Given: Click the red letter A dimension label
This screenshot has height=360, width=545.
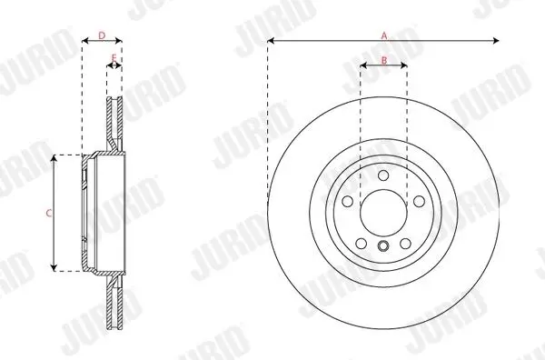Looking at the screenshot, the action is (384, 35).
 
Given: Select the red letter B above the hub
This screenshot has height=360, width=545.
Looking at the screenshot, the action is (384, 61).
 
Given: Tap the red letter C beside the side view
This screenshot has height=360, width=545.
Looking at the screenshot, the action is (49, 214).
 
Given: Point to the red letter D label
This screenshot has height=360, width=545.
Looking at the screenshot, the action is (102, 35).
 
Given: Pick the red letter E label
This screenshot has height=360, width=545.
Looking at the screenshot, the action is (114, 57).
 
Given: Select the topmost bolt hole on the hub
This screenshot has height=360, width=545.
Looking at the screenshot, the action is (383, 175).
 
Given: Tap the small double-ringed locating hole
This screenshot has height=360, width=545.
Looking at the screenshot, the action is (383, 246).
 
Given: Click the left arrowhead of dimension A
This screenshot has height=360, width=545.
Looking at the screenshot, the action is (271, 41).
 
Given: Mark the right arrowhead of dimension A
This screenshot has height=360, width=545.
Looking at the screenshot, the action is (496, 41).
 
